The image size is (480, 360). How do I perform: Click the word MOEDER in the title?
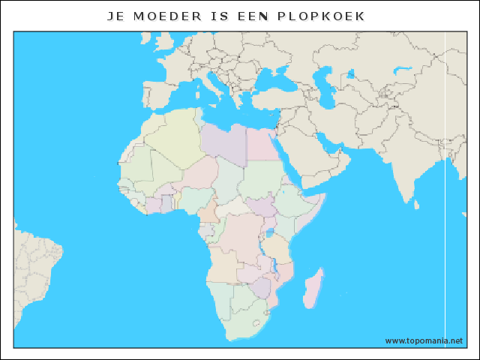166,16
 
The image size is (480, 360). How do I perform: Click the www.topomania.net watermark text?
424,340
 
